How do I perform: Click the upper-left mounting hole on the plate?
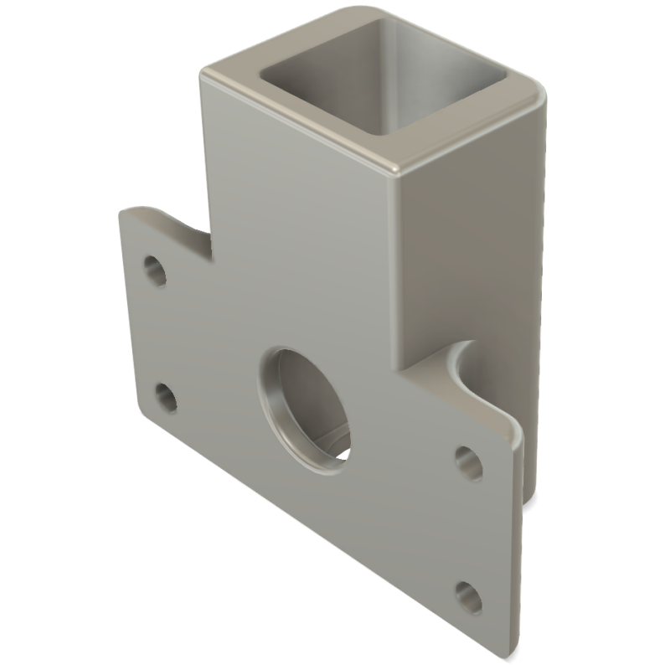pyautogui.click(x=155, y=270)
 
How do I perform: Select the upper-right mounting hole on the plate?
pyautogui.click(x=468, y=462)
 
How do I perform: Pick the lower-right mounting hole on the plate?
pyautogui.click(x=469, y=597)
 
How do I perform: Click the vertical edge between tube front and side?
pyautogui.click(x=398, y=276)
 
